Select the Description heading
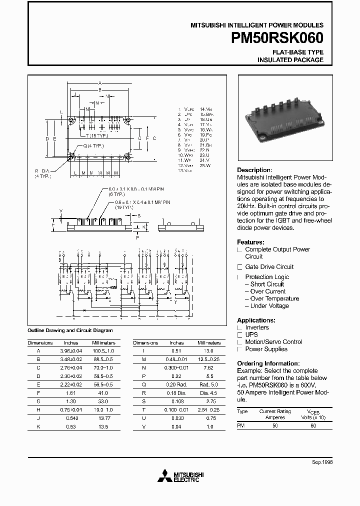click(254, 170)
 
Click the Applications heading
click(256, 320)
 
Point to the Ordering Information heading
click(268, 363)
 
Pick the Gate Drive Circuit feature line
click(269, 267)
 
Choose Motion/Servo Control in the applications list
click(273, 342)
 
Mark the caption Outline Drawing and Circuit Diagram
click(70, 330)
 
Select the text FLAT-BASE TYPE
click(297, 52)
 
